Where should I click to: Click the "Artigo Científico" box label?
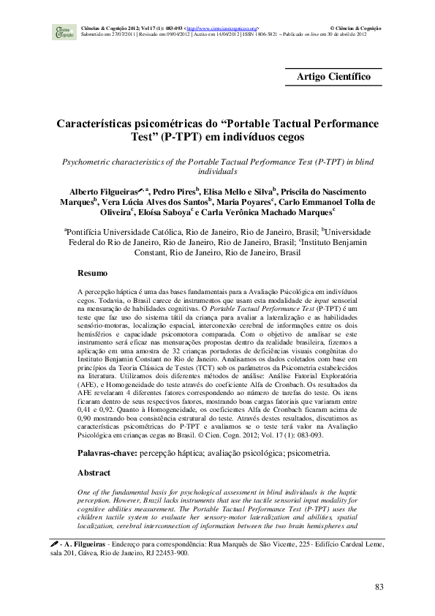[x=333, y=76]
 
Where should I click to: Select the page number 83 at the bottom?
[x=379, y=587]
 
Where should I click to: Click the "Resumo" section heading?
[x=94, y=274]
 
